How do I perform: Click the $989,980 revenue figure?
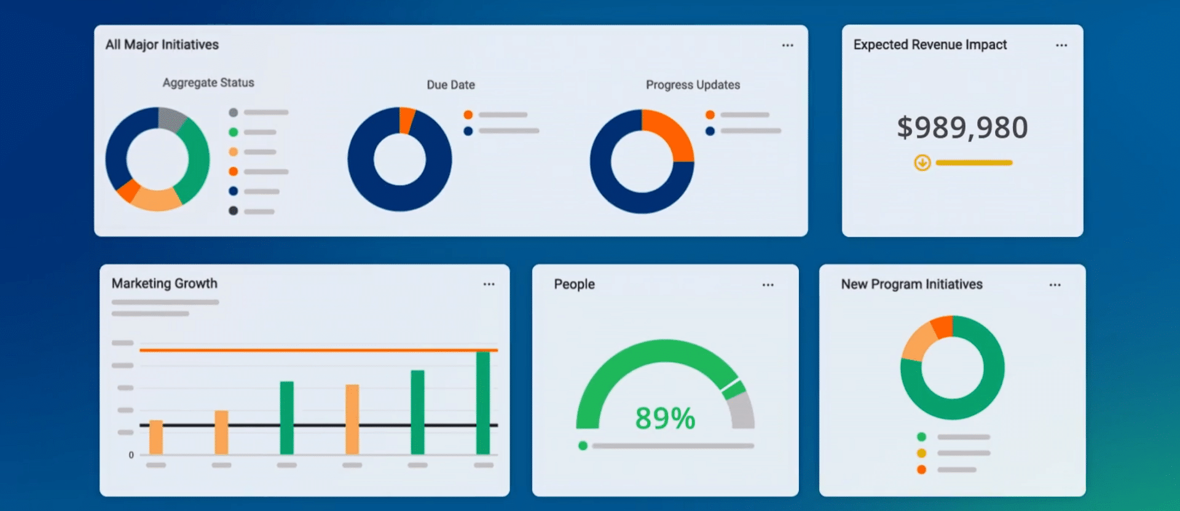962,127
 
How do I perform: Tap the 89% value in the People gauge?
665,418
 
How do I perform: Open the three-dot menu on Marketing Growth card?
489,284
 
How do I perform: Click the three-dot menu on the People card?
768,285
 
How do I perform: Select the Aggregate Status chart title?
208,82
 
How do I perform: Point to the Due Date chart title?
450,85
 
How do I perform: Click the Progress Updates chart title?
693,85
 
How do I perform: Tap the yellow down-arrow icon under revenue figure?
922,163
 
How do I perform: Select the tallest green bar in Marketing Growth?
483,403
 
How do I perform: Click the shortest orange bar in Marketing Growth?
156,437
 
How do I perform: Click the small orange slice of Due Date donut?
407,120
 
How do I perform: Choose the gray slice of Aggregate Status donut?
170,118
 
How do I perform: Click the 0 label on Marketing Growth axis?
131,455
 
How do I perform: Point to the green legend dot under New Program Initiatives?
921,437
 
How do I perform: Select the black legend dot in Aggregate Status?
234,211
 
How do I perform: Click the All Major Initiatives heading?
162,45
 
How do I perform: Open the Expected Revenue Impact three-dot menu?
1061,46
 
